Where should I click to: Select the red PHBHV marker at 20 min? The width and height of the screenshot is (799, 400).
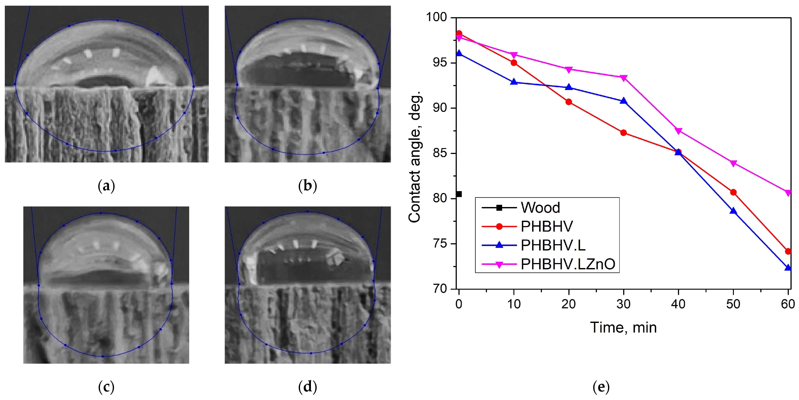pyautogui.click(x=569, y=102)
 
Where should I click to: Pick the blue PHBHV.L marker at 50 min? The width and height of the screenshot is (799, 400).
pyautogui.click(x=733, y=211)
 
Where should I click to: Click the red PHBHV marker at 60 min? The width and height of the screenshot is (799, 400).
pyautogui.click(x=788, y=251)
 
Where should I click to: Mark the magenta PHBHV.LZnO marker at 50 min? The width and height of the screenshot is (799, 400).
pyautogui.click(x=733, y=163)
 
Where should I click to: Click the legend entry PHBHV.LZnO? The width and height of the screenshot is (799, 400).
pyautogui.click(x=568, y=264)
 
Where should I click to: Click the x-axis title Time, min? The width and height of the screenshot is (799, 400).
pyautogui.click(x=623, y=328)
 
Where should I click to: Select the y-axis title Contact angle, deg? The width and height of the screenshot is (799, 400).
pyautogui.click(x=415, y=156)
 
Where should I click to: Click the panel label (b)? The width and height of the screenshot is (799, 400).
pyautogui.click(x=307, y=186)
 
